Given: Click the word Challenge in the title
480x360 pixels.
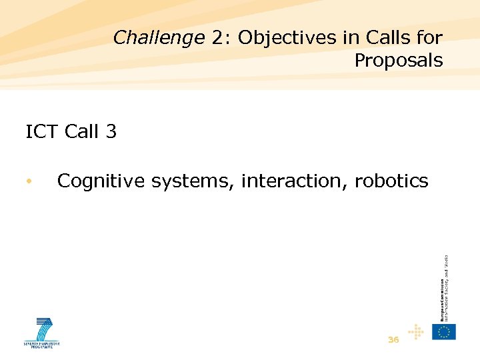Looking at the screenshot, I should (x=158, y=38).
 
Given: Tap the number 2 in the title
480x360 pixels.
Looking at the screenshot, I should (x=217, y=38).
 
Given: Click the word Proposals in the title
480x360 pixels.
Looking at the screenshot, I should (x=398, y=61).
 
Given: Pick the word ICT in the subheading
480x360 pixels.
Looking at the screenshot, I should (x=42, y=132).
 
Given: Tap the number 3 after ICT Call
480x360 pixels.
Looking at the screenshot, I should (x=111, y=132).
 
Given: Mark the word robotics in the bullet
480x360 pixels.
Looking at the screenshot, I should (x=391, y=181).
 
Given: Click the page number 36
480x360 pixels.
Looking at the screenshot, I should (x=393, y=340).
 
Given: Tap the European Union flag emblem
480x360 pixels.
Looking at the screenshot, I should (x=444, y=331).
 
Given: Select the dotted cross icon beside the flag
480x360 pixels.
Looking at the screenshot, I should (x=415, y=331).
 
